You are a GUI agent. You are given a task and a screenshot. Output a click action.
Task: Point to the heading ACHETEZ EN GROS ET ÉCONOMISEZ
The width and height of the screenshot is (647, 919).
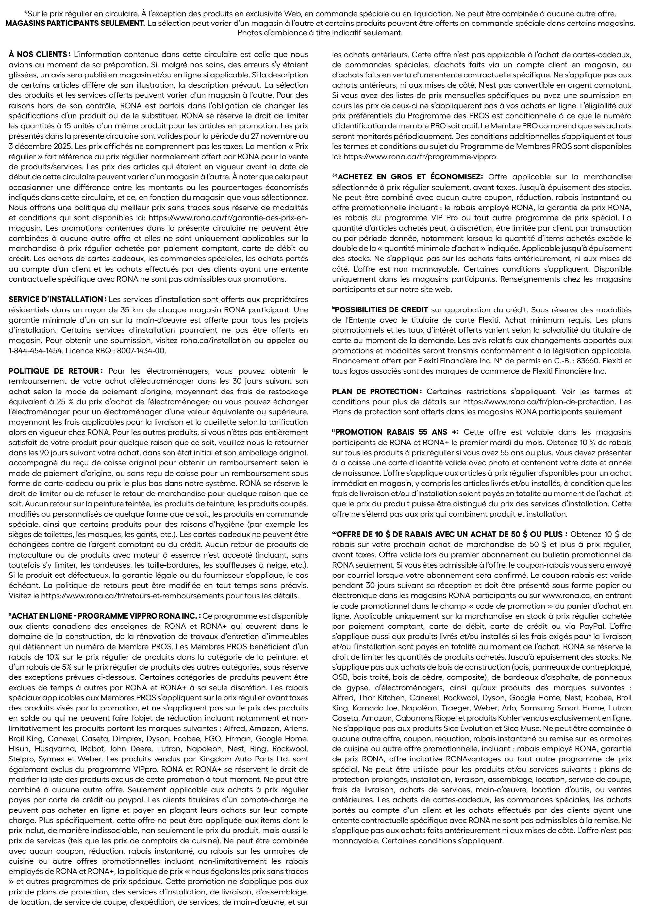(408, 176)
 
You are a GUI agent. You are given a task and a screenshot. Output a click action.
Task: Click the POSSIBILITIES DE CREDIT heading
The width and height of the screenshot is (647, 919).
(380, 309)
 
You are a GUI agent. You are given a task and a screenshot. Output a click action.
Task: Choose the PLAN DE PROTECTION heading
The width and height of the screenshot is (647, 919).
(376, 391)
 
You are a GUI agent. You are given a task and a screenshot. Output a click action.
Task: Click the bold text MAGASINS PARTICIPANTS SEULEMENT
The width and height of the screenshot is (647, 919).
(75, 23)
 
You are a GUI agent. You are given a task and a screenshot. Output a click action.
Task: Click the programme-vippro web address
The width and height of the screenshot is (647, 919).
(421, 157)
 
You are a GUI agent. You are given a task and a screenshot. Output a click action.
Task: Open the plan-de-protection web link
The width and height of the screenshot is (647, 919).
(537, 401)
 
